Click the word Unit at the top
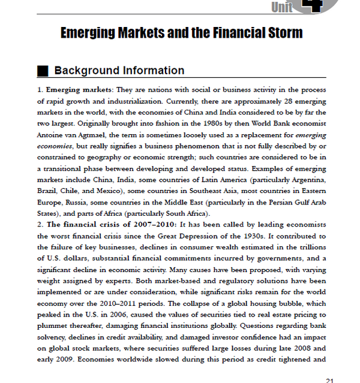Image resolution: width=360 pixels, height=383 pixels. tap(281, 7)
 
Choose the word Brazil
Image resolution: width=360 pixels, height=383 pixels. tap(47, 191)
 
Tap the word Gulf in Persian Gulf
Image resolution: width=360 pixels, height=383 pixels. tap(275, 202)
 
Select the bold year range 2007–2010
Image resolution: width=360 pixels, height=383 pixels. tap(147, 224)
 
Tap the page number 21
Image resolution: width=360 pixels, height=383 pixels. tap(329, 379)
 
